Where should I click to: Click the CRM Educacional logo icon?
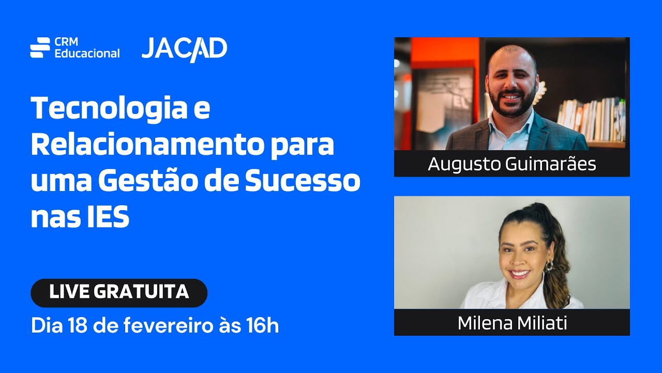40,47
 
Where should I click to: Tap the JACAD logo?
184,49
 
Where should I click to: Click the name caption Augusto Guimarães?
511,164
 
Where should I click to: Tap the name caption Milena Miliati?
511,323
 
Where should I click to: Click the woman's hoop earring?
548,267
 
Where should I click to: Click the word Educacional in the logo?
87,53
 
